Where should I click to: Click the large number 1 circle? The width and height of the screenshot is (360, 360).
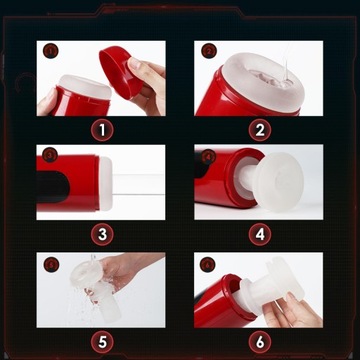tap(102, 130)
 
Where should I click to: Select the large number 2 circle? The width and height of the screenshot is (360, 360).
tap(260, 130)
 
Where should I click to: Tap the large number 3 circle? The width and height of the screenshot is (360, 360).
tap(102, 235)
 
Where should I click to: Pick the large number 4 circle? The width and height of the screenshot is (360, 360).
tap(260, 235)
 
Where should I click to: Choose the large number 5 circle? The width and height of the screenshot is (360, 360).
tap(102, 342)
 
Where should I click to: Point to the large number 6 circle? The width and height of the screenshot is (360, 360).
tap(260, 342)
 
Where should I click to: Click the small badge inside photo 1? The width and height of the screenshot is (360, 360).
tap(51, 51)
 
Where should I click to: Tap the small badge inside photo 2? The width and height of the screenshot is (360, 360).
tap(209, 51)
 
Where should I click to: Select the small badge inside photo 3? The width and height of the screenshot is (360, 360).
tap(51, 155)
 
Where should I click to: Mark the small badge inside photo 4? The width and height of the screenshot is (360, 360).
tap(209, 156)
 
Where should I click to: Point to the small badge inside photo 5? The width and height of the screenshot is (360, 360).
tap(51, 265)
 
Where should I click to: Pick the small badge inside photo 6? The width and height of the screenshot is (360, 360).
tap(208, 264)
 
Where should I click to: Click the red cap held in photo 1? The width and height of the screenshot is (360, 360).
tap(119, 72)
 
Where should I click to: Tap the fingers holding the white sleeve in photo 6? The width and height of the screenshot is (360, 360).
tap(289, 310)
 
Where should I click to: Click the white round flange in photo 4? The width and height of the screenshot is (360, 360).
tap(278, 182)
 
